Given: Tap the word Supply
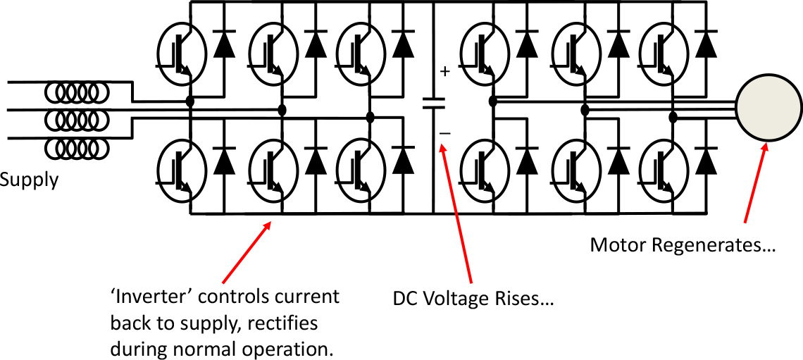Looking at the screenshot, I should pyautogui.click(x=28, y=180).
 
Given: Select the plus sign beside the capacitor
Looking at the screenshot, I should pyautogui.click(x=444, y=71).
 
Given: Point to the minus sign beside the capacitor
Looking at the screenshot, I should pyautogui.click(x=444, y=132).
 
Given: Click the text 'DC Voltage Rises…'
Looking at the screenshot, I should pyautogui.click(x=473, y=299).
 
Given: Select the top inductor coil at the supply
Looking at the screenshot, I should pyautogui.click(x=77, y=92).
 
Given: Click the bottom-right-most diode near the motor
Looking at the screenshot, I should pyautogui.click(x=706, y=161).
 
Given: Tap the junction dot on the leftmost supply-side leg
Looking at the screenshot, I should pyautogui.click(x=190, y=102).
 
